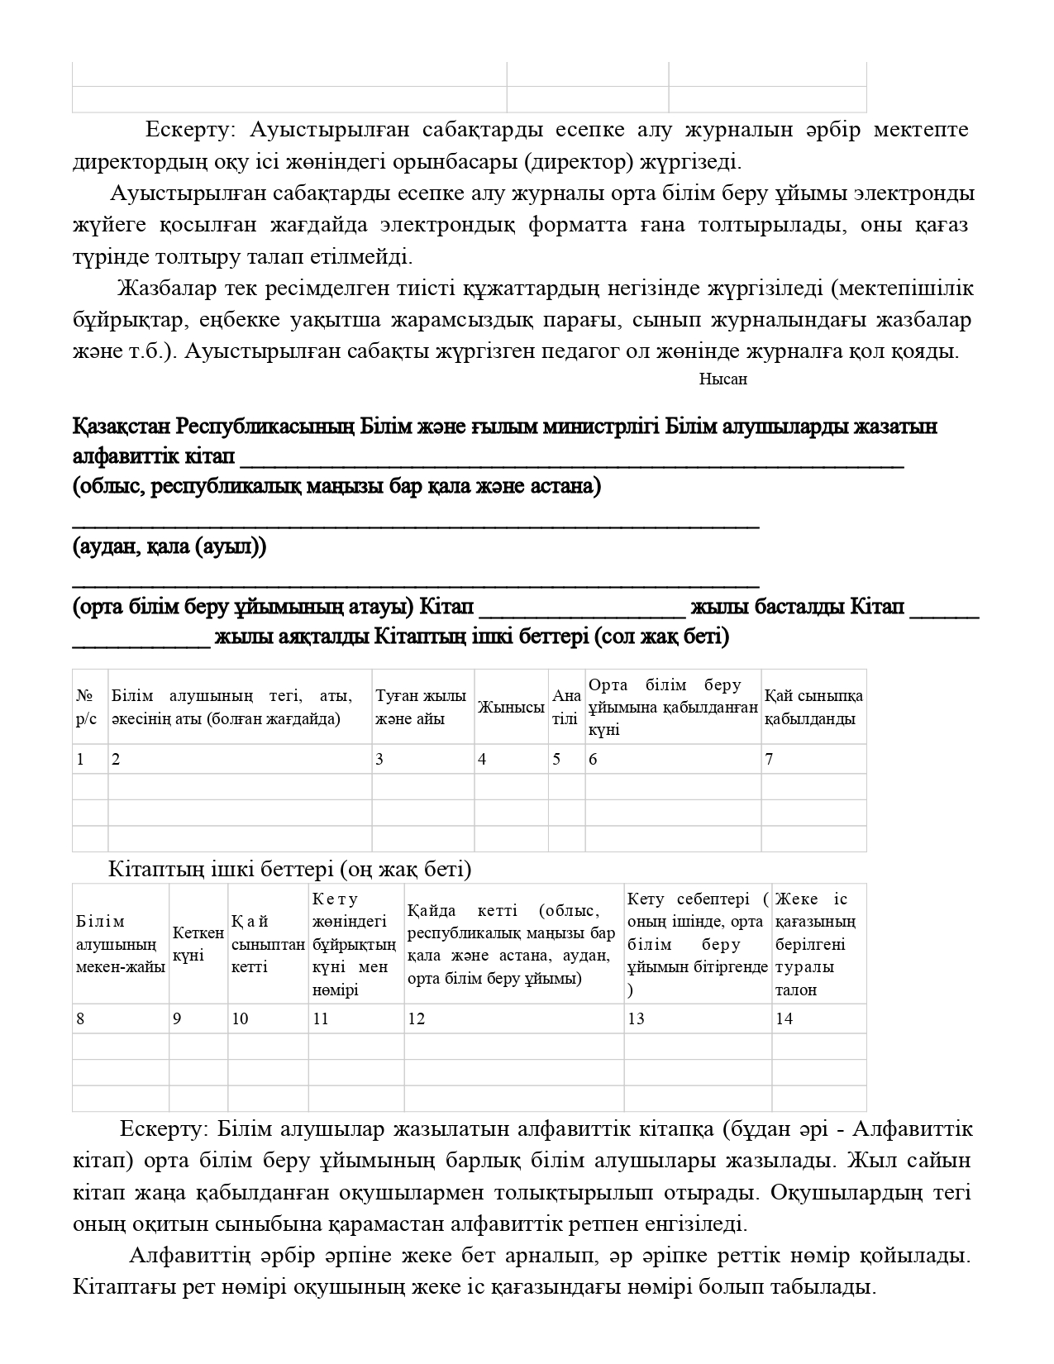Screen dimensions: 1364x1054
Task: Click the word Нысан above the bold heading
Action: click(723, 379)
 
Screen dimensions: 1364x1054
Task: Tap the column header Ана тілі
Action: click(566, 707)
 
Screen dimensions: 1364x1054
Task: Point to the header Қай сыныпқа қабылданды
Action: click(813, 707)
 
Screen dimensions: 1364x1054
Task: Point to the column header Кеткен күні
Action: click(198, 944)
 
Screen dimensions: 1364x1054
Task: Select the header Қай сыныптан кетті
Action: click(267, 944)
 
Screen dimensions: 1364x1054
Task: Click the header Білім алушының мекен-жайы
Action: click(120, 944)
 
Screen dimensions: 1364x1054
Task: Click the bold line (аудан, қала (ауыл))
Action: click(169, 547)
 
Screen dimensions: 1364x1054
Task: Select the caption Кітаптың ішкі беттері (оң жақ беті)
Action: click(289, 869)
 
